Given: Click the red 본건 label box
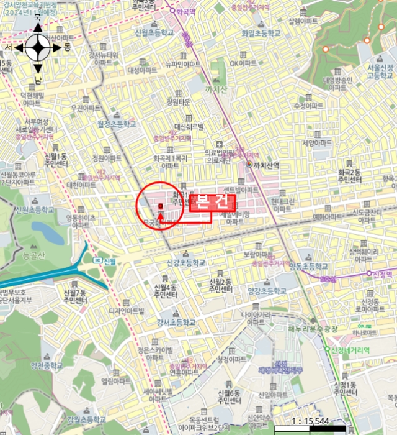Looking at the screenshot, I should (212, 202).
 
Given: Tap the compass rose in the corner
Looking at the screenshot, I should (38, 47).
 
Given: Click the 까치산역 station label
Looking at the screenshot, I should (267, 165).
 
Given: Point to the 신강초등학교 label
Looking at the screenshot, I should (185, 263).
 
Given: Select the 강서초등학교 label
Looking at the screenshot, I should (176, 323).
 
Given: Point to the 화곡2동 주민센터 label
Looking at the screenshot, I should (349, 176).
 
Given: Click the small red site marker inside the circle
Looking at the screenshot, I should (161, 206).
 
